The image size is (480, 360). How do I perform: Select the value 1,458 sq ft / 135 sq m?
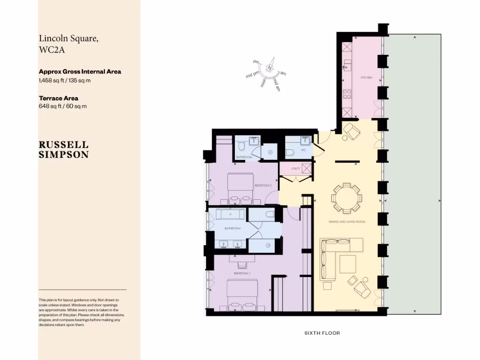[65, 80]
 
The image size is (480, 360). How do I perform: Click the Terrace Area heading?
[58, 98]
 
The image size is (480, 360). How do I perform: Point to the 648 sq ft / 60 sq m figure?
[62, 106]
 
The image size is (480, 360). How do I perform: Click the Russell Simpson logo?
[63, 150]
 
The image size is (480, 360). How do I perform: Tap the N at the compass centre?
[270, 68]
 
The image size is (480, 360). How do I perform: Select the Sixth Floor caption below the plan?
[322, 333]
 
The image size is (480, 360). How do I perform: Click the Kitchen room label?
[366, 77]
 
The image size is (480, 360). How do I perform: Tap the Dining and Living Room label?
[347, 221]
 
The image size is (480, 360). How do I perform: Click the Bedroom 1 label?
[243, 272]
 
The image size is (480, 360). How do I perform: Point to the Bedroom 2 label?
[263, 186]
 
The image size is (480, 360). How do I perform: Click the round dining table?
[346, 197]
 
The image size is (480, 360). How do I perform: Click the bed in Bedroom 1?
[242, 293]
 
